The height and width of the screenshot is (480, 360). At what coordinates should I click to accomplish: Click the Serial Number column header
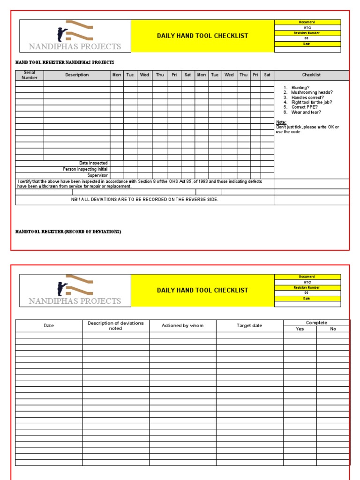click(30, 75)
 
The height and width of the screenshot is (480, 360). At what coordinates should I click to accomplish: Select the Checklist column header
click(311, 75)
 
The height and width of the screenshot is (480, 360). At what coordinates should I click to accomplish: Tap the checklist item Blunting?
click(300, 88)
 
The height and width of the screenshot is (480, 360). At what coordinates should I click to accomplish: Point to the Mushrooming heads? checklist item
click(311, 93)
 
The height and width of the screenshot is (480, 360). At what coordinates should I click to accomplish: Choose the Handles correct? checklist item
click(307, 97)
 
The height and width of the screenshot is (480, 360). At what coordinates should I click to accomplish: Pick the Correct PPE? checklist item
click(304, 107)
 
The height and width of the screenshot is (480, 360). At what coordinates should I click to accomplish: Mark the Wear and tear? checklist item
click(306, 112)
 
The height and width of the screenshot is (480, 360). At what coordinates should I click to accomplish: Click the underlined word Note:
click(281, 122)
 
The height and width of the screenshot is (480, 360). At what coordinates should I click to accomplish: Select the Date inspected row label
click(93, 163)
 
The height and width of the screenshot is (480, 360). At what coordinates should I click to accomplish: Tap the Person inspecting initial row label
click(85, 169)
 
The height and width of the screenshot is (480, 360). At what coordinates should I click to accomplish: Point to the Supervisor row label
click(97, 175)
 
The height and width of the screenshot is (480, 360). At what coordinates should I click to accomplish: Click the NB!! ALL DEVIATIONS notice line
click(144, 200)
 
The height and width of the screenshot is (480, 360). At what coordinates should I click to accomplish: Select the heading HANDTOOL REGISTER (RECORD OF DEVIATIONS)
click(68, 232)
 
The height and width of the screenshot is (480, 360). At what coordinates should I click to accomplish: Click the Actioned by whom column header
click(182, 326)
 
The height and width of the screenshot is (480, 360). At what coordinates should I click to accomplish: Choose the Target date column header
click(249, 326)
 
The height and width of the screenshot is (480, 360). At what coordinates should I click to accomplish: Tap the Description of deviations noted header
click(116, 326)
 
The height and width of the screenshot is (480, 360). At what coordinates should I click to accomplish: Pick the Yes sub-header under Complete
click(300, 329)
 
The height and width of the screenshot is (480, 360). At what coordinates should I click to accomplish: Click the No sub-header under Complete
click(333, 329)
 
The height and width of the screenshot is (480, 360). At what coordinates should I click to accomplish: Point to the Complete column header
click(316, 323)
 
